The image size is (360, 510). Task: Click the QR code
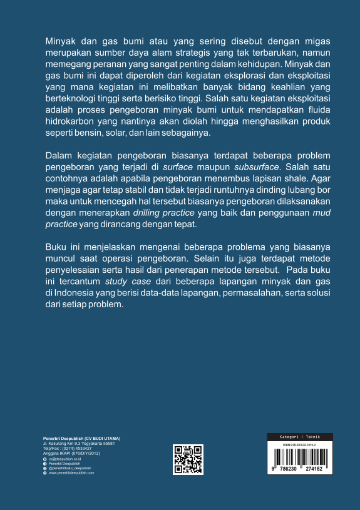coord(188,459)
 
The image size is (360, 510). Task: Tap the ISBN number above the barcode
coord(300,444)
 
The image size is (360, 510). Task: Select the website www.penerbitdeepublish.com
coord(71,473)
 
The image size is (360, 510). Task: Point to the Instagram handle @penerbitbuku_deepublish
coord(70,468)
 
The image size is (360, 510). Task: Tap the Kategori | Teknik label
coord(300,436)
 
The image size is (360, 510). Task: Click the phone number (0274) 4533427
coord(78,449)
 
